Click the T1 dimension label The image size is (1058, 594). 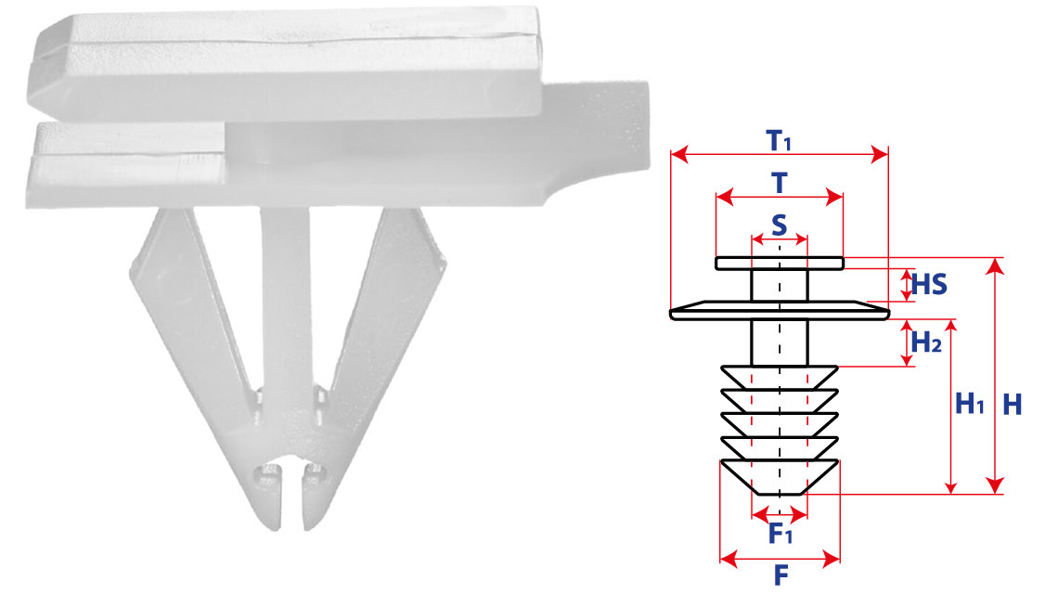tap(779, 140)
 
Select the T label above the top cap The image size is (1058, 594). tap(780, 183)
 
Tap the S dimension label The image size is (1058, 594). tap(780, 225)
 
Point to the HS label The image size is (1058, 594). tap(929, 285)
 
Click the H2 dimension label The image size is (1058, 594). tap(926, 342)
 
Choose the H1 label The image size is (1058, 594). tap(970, 404)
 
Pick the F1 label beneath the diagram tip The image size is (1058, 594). tap(780, 534)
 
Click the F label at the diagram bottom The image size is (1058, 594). tap(781, 575)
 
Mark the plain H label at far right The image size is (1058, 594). tap(1013, 405)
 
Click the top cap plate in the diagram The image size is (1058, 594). tap(780, 264)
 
